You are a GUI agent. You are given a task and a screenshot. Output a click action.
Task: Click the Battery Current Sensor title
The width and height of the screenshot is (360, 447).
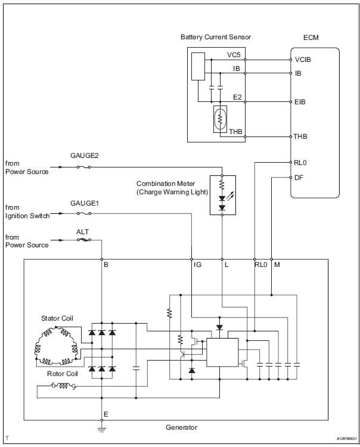(215, 37)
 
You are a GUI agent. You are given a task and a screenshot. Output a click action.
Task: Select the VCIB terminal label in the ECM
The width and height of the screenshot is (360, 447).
(303, 60)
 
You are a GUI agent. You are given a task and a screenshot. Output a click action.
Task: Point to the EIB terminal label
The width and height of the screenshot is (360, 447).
(300, 102)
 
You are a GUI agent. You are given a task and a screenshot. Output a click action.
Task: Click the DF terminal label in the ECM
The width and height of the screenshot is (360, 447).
(299, 177)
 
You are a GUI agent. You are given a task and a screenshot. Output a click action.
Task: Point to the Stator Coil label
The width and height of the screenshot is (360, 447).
(57, 318)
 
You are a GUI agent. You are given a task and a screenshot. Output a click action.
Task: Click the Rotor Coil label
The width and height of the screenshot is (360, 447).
(62, 374)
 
